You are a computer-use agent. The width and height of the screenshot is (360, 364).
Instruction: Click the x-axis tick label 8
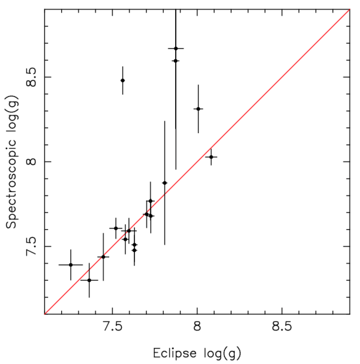197,325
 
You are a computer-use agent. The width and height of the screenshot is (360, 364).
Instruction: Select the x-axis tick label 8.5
281,325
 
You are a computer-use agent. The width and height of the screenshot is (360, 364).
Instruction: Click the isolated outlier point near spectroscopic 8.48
122,80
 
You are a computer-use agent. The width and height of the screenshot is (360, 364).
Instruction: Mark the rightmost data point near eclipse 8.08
211,157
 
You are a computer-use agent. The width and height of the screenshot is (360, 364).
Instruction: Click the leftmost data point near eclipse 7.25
71,264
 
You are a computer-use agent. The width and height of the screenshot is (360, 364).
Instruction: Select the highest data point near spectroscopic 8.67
176,48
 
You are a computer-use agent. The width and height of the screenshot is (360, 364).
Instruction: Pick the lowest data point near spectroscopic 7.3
89,280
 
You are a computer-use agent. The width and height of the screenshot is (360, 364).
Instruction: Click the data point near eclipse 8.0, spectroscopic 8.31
198,109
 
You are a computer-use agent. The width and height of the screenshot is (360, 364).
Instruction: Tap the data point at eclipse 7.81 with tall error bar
164,183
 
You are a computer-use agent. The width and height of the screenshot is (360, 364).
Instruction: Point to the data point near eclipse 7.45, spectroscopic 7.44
103,257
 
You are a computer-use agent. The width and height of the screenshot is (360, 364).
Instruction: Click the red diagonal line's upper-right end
349,10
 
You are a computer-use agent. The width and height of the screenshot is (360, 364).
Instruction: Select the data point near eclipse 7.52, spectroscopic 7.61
116,228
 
